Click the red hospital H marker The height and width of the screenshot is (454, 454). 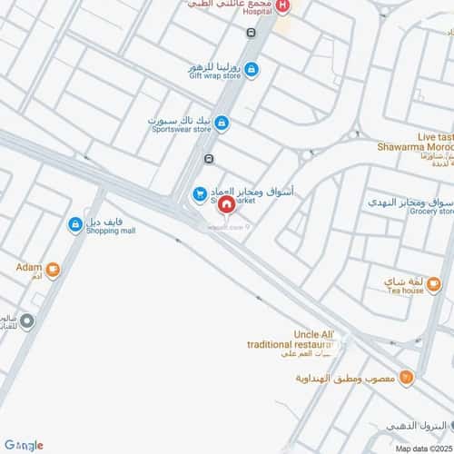(283, 6)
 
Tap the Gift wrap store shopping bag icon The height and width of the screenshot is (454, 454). (252, 69)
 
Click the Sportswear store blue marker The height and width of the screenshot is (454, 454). (222, 123)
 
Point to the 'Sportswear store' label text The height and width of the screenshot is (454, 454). (181, 130)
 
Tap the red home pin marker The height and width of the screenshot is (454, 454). (224, 205)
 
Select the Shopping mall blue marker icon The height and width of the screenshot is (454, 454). (74, 224)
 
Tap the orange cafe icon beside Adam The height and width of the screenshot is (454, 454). (53, 269)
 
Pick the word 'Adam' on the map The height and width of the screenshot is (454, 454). (28, 268)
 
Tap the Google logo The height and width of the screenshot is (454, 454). (23, 445)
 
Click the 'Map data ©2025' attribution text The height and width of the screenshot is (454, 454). (422, 449)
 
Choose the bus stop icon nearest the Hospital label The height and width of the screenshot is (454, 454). (250, 32)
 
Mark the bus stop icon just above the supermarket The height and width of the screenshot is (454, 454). (210, 159)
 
